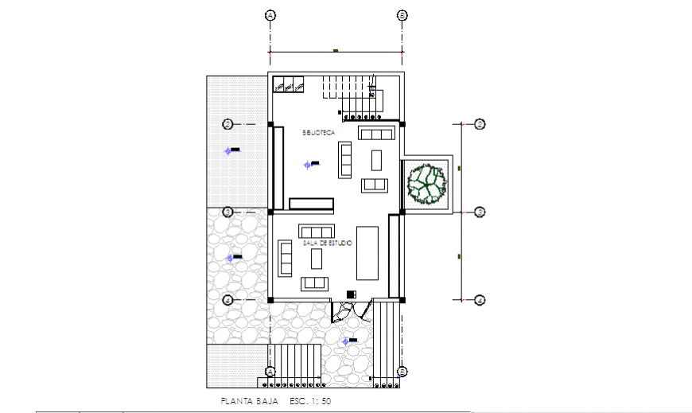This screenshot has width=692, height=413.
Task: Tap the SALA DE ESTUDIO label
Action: click(327, 244)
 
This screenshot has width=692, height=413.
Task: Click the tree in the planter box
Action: click(427, 184)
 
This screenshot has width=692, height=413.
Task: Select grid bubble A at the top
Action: click(270, 15)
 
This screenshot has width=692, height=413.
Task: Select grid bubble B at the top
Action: click(402, 15)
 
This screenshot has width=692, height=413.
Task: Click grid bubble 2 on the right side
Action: click(480, 124)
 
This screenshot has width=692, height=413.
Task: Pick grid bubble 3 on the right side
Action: click(480, 212)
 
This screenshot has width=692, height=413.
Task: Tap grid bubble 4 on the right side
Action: click(480, 300)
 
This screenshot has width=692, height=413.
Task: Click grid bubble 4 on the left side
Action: click(227, 300)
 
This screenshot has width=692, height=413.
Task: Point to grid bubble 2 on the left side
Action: click(227, 124)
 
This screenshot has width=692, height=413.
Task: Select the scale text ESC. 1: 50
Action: click(310, 401)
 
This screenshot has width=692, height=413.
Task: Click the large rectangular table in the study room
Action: click(367, 252)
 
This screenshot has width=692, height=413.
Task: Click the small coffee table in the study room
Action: click(316, 258)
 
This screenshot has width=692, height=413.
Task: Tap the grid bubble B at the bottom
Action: click(402, 372)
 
